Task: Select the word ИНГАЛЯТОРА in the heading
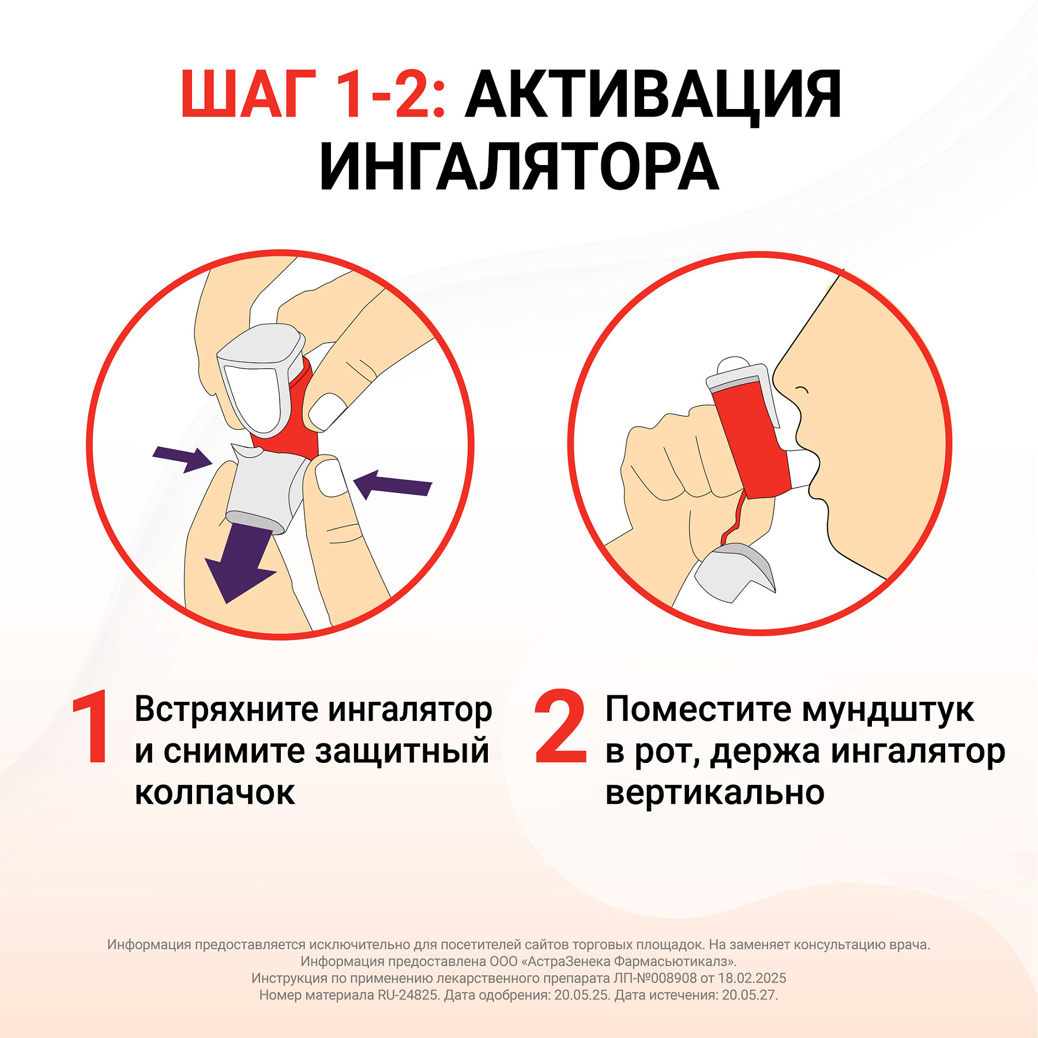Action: tap(519, 167)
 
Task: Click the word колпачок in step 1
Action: tap(215, 793)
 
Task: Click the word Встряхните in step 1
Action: tap(226, 709)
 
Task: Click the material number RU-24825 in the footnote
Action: tap(408, 995)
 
